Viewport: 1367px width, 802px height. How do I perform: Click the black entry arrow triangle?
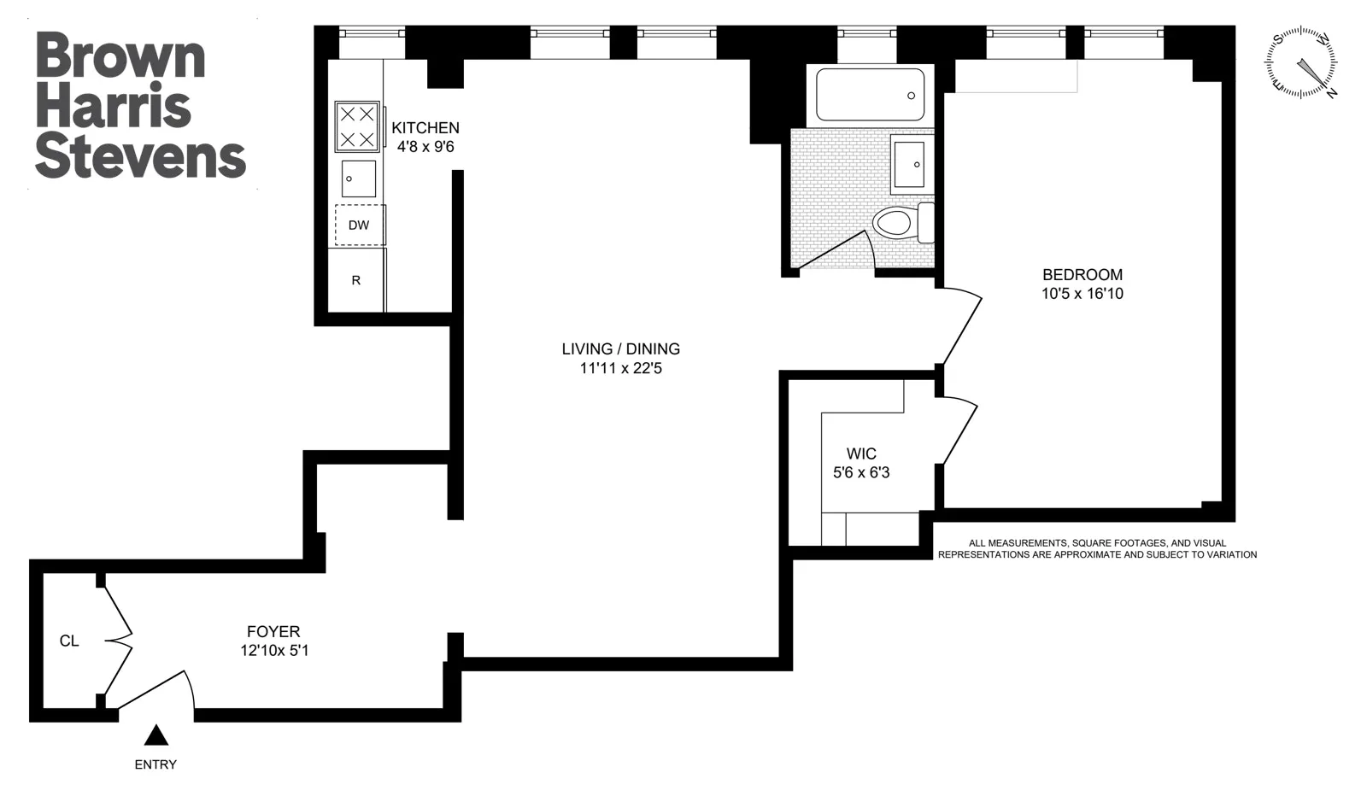[155, 736]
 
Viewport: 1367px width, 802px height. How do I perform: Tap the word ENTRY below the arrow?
[155, 764]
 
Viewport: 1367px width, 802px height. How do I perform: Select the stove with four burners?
[357, 126]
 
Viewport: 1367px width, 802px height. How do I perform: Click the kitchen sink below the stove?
[358, 179]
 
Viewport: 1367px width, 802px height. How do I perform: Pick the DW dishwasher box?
[359, 225]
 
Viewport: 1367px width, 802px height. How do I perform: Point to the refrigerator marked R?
[356, 280]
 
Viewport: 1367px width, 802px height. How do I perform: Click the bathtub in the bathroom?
[870, 95]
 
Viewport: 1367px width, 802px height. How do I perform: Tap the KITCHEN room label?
[425, 128]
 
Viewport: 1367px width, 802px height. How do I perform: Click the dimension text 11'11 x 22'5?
[620, 369]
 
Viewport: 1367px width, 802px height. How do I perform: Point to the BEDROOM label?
[1082, 275]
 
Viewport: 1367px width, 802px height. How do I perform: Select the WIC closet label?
[861, 454]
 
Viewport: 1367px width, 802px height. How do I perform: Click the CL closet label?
[69, 641]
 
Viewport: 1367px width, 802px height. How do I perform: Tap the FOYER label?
[273, 632]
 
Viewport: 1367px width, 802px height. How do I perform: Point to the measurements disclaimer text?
[1097, 548]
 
